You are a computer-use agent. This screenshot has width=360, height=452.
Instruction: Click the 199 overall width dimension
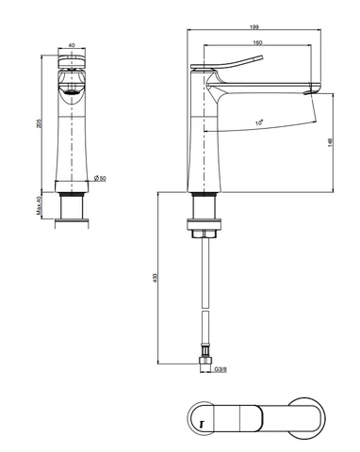pos(254,27)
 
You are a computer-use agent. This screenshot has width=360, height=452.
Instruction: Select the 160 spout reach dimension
pos(257,42)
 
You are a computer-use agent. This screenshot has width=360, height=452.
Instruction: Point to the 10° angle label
pos(259,122)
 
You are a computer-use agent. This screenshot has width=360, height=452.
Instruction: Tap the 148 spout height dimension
pos(330,142)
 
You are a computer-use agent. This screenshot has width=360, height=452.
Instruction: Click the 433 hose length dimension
pos(155,278)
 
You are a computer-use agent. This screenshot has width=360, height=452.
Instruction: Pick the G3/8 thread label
pos(221,369)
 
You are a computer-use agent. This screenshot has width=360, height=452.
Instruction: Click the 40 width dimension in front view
pos(72,45)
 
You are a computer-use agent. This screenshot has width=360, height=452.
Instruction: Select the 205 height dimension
pos(39,123)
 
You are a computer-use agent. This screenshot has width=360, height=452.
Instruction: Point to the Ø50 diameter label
pos(100,178)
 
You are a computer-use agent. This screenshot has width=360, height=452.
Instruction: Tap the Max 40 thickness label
pos(39,205)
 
